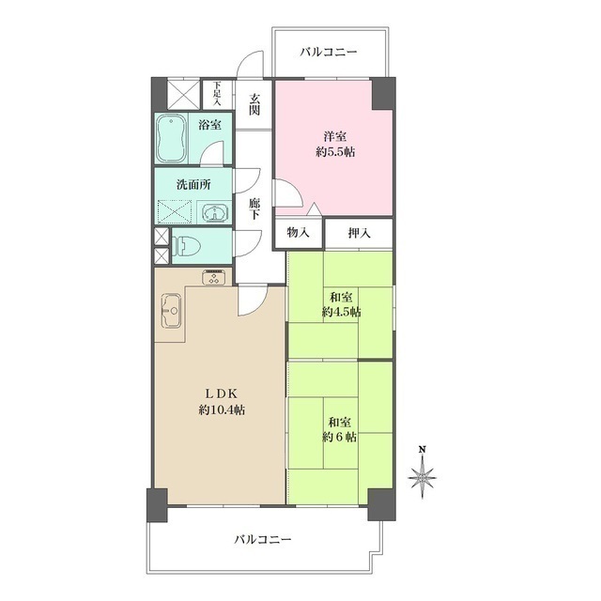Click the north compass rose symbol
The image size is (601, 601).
(423, 476)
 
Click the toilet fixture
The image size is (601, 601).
(186, 247)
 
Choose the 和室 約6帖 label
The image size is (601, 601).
(340, 429)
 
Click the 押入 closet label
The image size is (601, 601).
(360, 233)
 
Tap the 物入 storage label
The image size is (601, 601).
(299, 233)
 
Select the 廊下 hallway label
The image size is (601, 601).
(254, 208)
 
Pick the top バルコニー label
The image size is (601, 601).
(329, 53)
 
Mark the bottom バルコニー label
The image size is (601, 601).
(264, 540)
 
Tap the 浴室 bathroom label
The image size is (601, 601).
(208, 124)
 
